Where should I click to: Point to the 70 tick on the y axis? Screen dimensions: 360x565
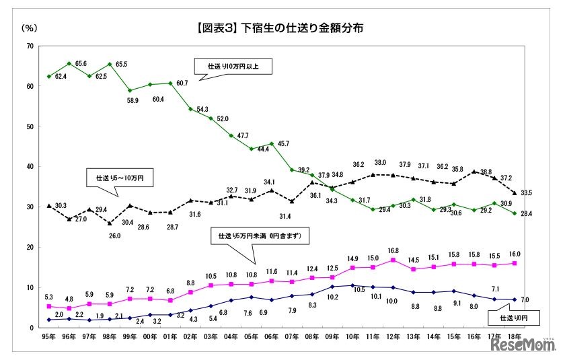click(x=30, y=46)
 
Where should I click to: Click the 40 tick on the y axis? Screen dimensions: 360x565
click(x=30, y=167)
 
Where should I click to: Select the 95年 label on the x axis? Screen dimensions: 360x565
click(x=48, y=336)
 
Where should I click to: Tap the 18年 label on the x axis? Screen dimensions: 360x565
click(x=515, y=336)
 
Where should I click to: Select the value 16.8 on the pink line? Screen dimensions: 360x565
click(x=393, y=251)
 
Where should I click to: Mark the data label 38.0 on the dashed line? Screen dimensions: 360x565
click(x=381, y=163)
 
